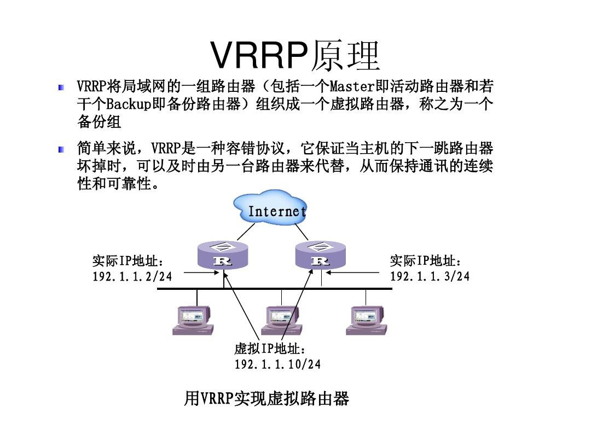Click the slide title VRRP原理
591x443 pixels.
tap(295, 56)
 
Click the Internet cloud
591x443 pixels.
tap(270, 208)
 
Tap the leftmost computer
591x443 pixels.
tap(192, 320)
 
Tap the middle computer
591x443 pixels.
tap(282, 320)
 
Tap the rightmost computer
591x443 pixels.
tap(366, 320)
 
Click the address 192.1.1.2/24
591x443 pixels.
tap(132, 277)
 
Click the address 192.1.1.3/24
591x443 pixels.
tap(430, 277)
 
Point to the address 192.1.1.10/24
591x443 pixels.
tap(277, 364)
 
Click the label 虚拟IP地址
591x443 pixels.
tap(269, 349)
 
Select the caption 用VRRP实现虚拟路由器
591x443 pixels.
tap(266, 399)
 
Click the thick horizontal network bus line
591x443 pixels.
tap(274, 288)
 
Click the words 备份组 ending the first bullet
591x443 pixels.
tap(99, 121)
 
